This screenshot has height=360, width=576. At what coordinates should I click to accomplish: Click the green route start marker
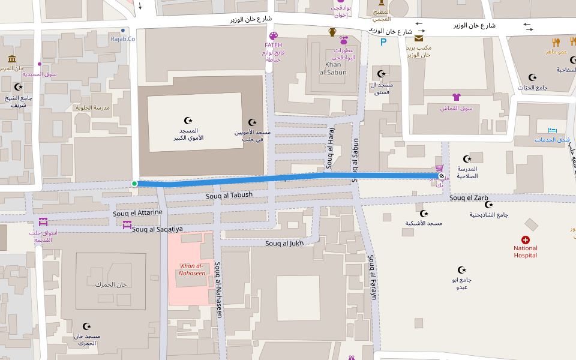(134, 184)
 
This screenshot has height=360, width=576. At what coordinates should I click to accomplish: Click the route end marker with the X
(442, 176)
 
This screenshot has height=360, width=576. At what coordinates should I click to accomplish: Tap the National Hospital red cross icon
(526, 239)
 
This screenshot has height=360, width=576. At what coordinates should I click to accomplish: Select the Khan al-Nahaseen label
(192, 269)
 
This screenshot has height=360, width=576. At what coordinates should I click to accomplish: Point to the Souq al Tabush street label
(229, 195)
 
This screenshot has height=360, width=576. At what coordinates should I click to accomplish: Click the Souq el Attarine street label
(137, 213)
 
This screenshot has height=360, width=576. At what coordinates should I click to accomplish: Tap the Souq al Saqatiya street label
(157, 229)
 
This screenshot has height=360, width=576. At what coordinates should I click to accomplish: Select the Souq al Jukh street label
(284, 243)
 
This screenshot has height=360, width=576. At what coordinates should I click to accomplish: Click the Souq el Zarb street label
(469, 198)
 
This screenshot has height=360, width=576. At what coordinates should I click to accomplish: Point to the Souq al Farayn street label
(372, 277)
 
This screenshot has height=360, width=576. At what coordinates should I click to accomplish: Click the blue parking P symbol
(383, 41)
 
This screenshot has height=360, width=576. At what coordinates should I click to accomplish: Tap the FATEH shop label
(273, 45)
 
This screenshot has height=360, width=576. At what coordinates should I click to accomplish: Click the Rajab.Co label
(123, 39)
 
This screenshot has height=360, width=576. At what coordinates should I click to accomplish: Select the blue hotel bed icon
(553, 130)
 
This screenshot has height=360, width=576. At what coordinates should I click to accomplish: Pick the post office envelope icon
(418, 38)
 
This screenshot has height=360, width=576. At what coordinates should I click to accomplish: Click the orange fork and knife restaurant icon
(556, 42)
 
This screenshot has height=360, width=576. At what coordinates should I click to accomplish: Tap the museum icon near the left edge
(12, 58)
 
